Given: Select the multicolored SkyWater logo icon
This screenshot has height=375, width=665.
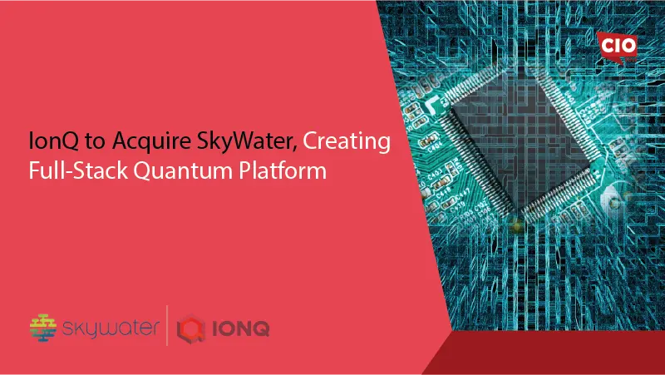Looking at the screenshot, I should click(x=44, y=327).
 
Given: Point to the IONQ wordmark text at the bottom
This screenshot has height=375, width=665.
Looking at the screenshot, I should click(x=240, y=328).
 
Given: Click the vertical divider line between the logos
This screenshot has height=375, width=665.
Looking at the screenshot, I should click(x=170, y=326).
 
